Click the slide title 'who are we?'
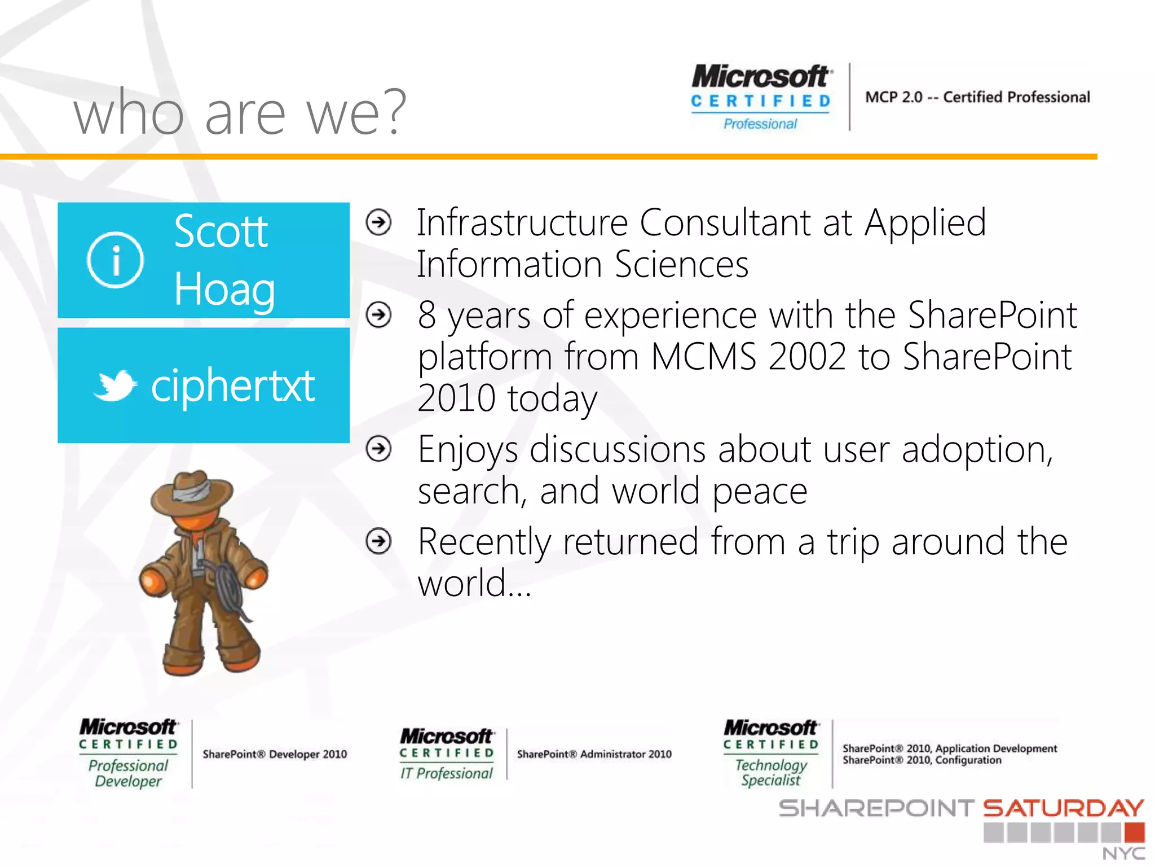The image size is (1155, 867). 240,113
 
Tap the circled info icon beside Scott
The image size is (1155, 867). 116,260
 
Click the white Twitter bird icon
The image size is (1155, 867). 116,386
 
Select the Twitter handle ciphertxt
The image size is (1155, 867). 232,386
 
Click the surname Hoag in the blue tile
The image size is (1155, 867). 224,290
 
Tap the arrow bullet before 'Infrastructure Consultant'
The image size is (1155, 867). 378,222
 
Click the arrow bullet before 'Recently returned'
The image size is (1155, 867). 378,541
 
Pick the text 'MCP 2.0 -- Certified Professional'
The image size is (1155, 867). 977,97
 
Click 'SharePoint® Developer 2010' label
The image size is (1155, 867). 275,754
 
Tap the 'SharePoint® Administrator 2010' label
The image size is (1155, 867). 594,754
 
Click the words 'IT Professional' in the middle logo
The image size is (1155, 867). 446,773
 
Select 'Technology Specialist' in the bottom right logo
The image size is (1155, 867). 771,773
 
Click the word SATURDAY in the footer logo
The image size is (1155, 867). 1063,808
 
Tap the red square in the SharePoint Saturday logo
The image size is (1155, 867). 1134,833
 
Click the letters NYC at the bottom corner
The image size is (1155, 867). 1123,854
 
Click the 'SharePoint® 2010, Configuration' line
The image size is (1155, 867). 922,760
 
